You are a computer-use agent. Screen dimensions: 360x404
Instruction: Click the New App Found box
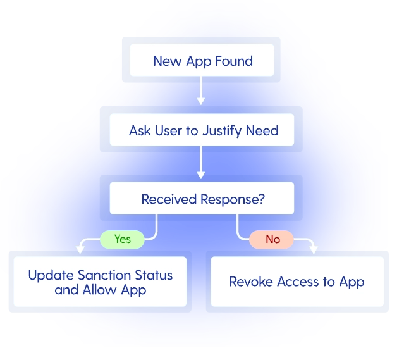[202, 61]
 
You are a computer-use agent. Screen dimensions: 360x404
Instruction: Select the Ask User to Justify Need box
[202, 130]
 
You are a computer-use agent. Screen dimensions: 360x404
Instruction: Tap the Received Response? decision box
[202, 199]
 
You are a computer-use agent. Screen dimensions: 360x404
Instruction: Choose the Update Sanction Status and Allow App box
[100, 282]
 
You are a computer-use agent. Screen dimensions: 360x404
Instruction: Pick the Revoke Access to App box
[297, 282]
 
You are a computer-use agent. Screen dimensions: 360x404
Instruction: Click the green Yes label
[123, 239]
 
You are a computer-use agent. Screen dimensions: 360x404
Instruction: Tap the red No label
[272, 239]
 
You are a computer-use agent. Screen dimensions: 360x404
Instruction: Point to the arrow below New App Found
[201, 91]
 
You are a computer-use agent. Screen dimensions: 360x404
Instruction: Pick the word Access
[300, 282]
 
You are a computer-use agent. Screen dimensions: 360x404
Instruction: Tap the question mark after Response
[261, 199]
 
